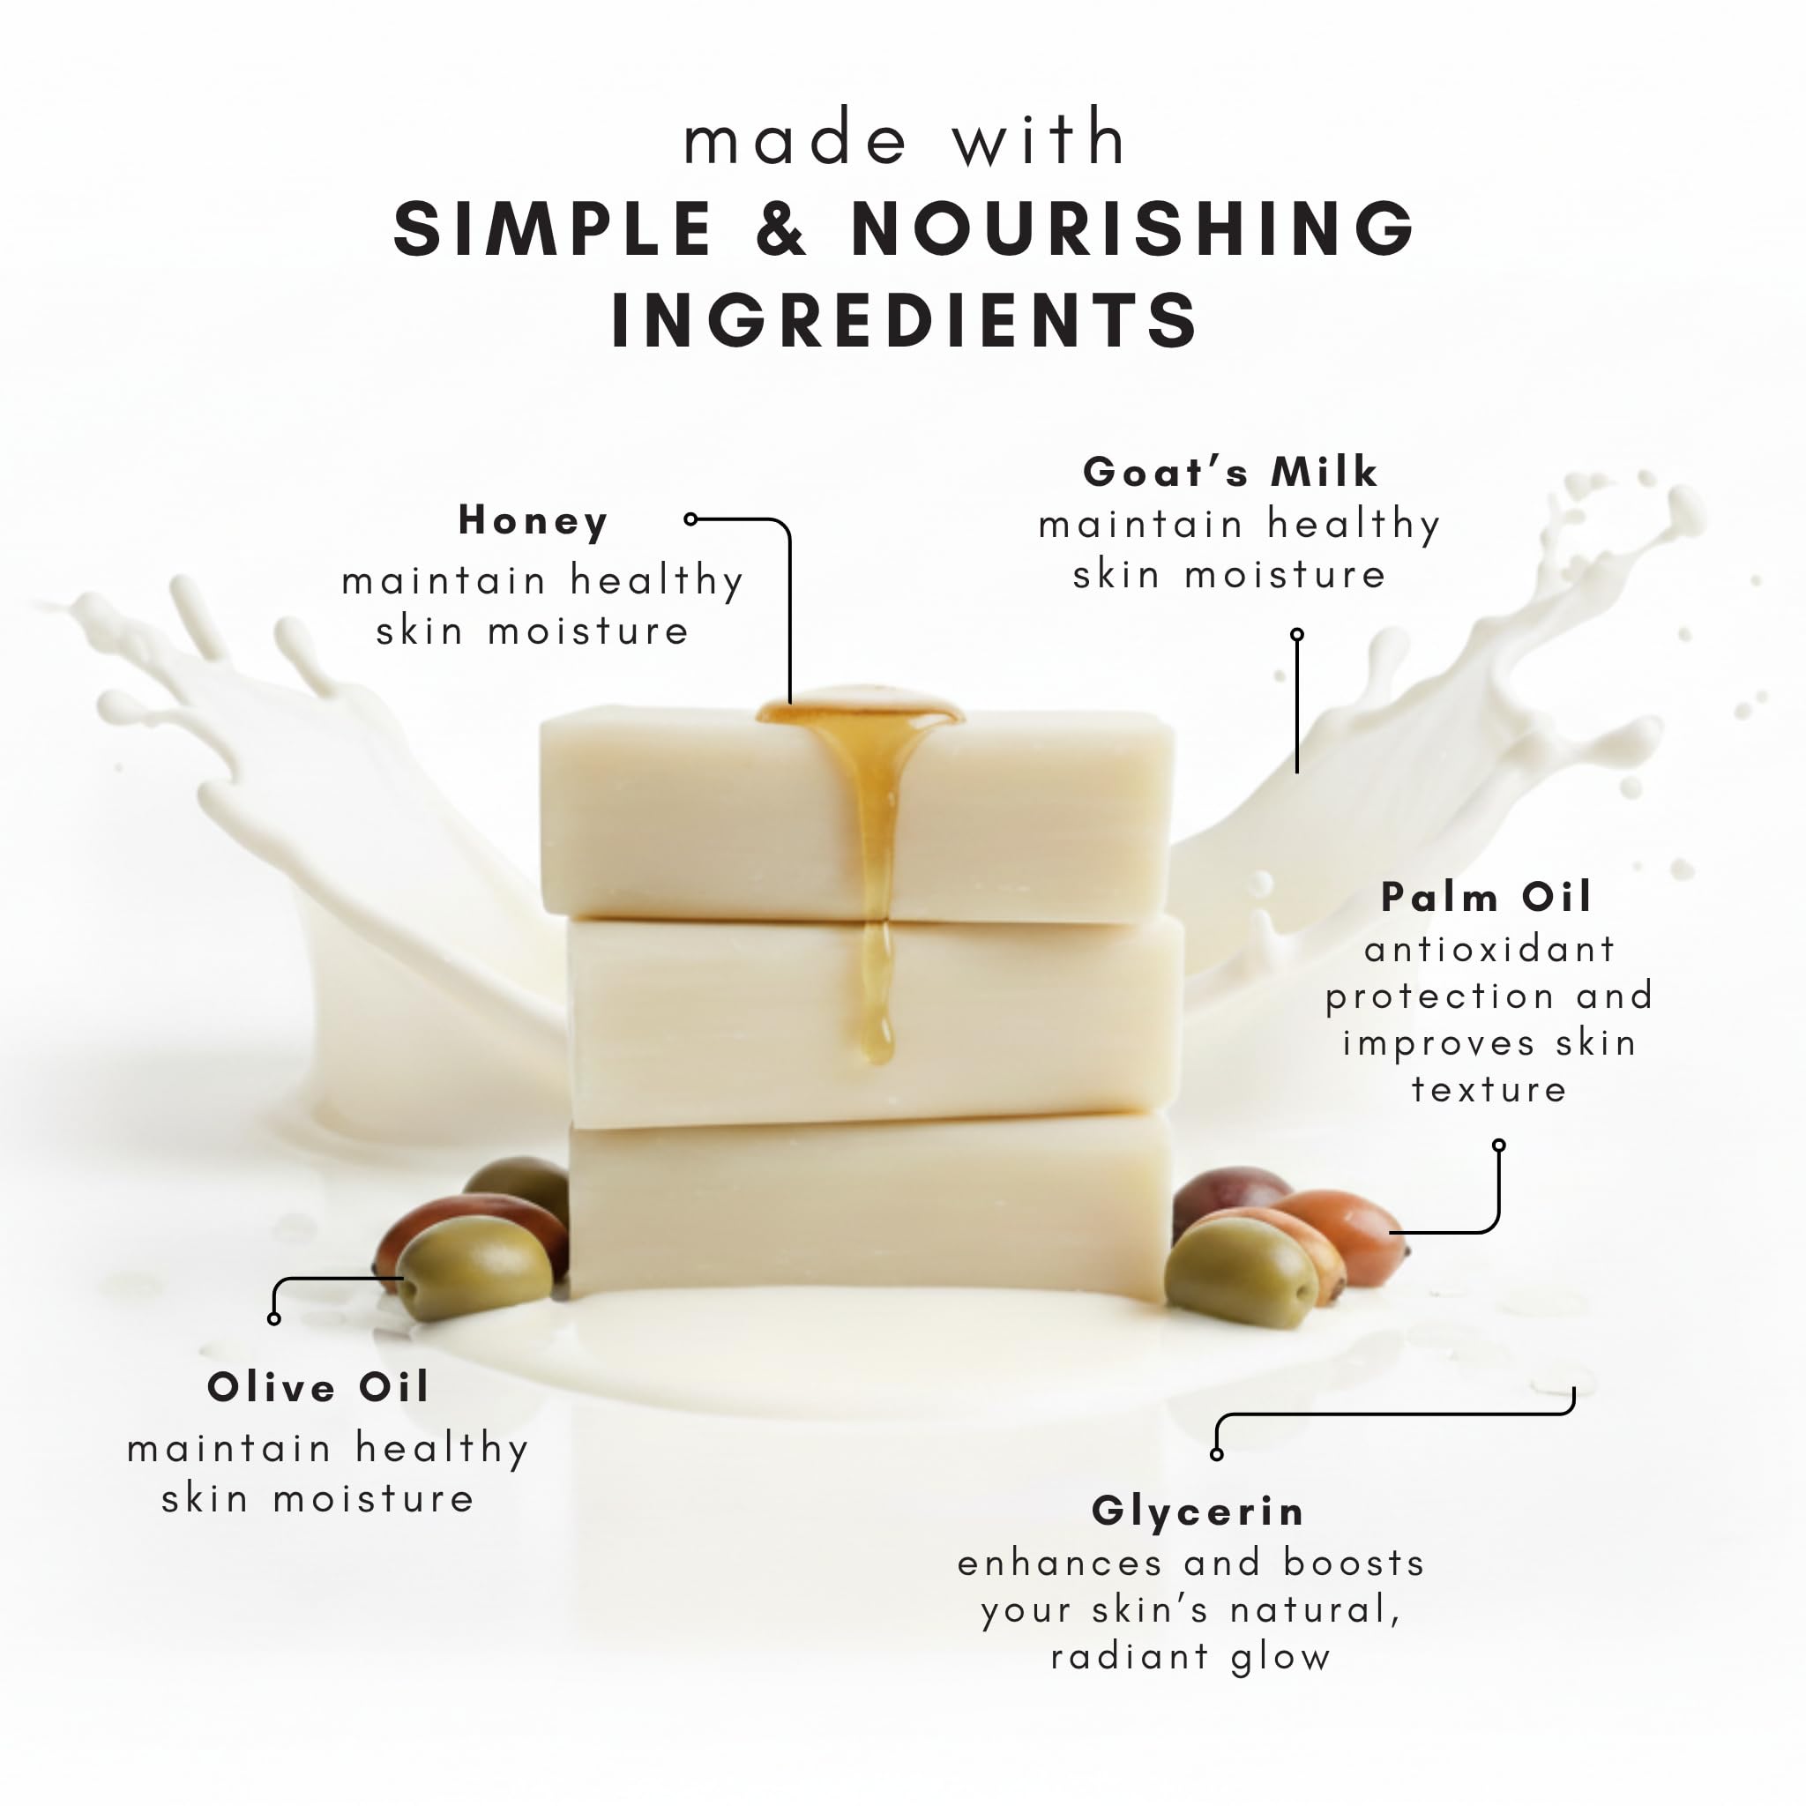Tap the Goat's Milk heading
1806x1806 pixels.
click(1230, 471)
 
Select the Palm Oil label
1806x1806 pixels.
click(1486, 897)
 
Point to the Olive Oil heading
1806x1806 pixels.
click(317, 1386)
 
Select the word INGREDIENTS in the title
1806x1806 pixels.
click(904, 320)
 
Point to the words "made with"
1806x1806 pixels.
click(905, 138)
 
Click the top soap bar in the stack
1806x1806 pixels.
click(857, 812)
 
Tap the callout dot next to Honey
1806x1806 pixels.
click(690, 519)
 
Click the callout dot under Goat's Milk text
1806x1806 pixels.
click(1296, 635)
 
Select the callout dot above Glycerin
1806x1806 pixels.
click(1216, 1454)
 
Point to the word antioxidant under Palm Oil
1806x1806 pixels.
click(1490, 950)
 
